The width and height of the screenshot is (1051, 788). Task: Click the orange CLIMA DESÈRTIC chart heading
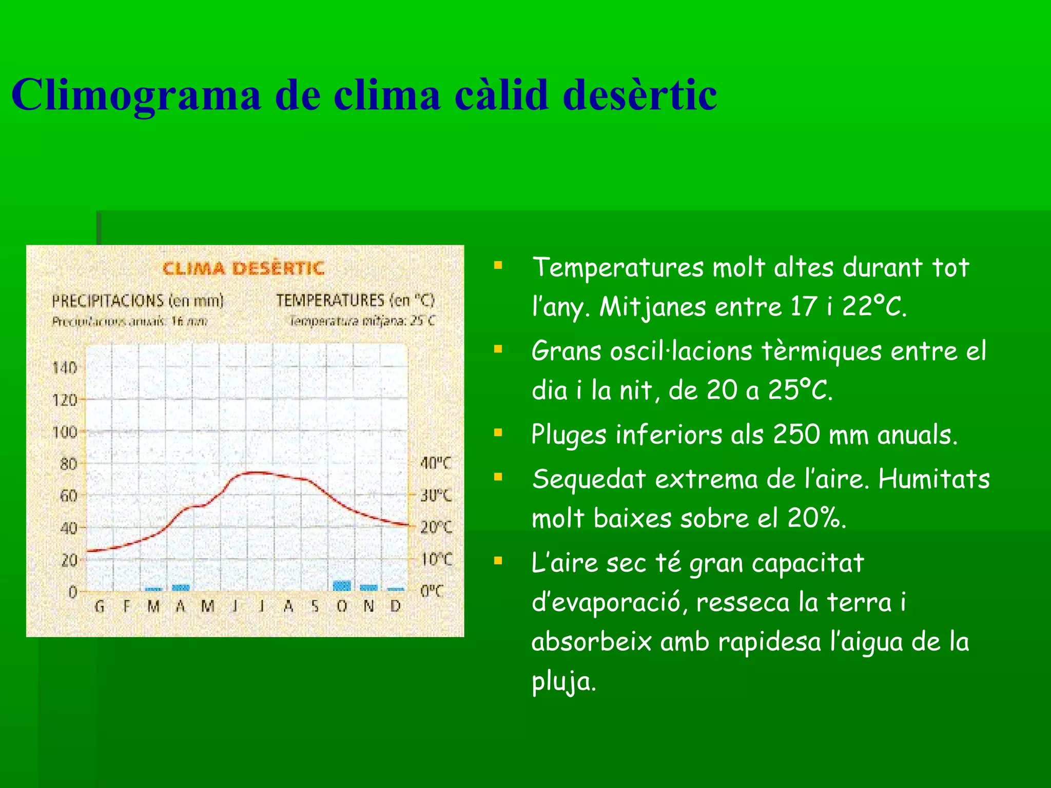click(x=243, y=268)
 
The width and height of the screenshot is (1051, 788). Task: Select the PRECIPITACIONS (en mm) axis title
click(x=138, y=301)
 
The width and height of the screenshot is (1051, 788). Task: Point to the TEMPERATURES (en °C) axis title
click(x=355, y=301)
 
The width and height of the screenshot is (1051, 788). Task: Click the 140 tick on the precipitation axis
click(x=65, y=368)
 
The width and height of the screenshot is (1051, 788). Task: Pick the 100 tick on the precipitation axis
click(x=65, y=432)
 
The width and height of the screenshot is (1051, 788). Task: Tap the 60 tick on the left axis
click(x=68, y=496)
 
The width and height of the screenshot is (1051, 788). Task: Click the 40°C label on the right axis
click(x=436, y=464)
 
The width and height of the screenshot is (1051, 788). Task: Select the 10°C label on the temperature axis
click(x=436, y=559)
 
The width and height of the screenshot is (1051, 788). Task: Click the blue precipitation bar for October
click(x=342, y=586)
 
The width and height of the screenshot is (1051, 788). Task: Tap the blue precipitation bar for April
click(x=181, y=588)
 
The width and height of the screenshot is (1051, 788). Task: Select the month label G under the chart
click(x=100, y=607)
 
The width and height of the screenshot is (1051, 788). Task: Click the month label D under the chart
click(x=395, y=607)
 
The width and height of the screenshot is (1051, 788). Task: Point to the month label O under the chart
click(x=342, y=607)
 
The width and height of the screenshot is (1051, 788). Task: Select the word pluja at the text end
click(x=563, y=682)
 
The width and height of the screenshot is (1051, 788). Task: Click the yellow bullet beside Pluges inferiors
click(x=498, y=432)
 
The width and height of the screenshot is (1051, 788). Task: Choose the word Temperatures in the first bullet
click(x=618, y=268)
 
